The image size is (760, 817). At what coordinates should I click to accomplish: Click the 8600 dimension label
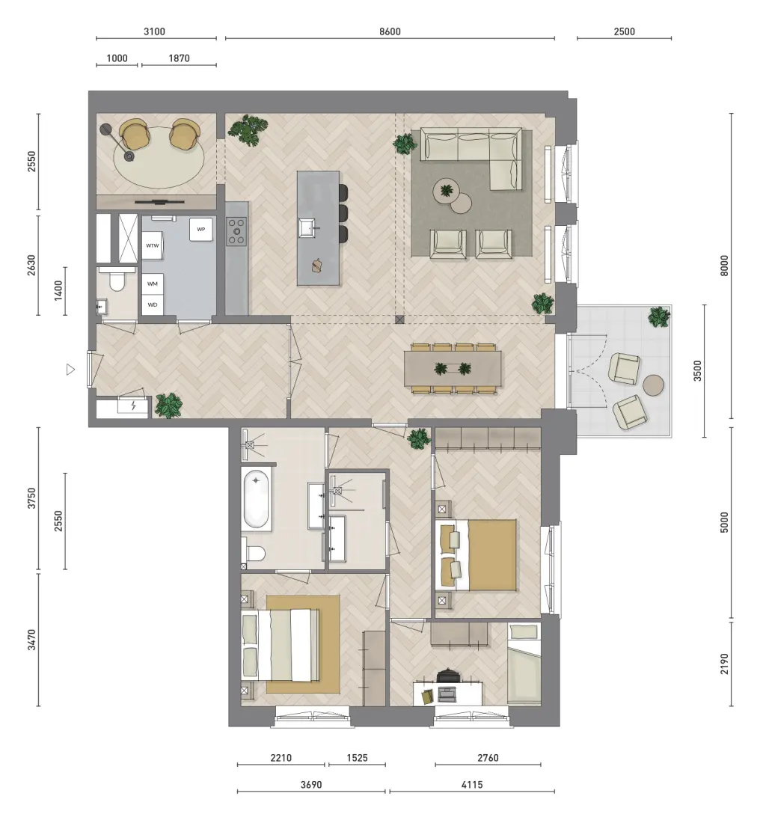390,31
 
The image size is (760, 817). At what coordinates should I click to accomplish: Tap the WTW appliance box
153,245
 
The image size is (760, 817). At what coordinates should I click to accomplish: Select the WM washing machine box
153,284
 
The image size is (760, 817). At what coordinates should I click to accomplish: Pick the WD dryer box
153,305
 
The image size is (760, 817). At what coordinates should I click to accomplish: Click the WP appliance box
201,229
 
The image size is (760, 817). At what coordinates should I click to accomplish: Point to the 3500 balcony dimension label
697,371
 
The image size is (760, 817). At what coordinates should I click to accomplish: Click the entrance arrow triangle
71,370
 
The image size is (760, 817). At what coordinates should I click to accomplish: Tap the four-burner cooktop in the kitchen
236,231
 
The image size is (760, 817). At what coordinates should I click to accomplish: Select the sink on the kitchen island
307,227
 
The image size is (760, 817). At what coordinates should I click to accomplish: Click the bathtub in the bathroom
256,500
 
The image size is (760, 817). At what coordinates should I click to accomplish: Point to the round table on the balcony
653,385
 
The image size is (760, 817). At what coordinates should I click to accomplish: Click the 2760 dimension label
488,758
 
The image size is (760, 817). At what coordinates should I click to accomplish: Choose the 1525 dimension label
358,758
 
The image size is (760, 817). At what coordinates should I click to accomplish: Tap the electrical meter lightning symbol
133,405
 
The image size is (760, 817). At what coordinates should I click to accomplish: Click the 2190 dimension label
724,664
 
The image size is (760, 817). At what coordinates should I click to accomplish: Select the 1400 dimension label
58,290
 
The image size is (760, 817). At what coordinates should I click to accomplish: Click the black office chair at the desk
447,676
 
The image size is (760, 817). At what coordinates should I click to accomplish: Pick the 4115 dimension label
472,784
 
